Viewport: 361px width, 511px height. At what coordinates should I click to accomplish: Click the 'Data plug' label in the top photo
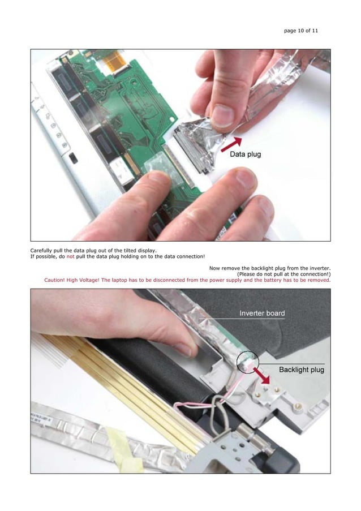[244, 154]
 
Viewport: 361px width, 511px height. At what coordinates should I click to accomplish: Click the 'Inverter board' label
[262, 313]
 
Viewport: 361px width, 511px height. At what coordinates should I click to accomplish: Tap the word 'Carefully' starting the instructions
[43, 250]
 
